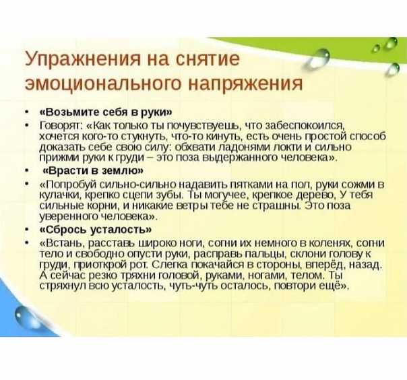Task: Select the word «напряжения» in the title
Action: click(245, 84)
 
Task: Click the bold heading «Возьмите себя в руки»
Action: click(106, 112)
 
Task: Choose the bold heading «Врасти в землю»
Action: click(93, 170)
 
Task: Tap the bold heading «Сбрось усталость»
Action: click(95, 230)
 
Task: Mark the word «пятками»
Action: click(251, 185)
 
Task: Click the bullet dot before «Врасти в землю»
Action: click(26, 171)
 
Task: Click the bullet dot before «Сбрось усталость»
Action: click(26, 230)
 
